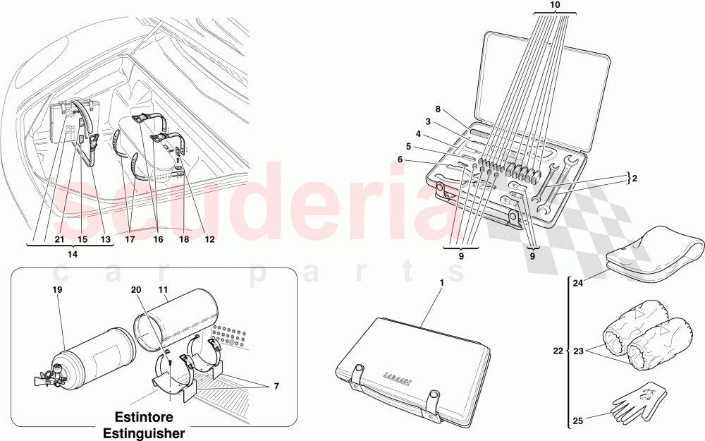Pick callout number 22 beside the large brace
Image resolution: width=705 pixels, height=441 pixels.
coord(558,351)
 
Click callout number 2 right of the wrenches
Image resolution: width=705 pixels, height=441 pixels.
coord(634,179)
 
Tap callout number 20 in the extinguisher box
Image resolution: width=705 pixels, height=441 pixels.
coord(137,289)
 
